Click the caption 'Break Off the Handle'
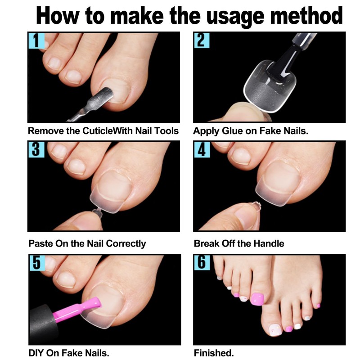coord(239,243)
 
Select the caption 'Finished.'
coord(214,352)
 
